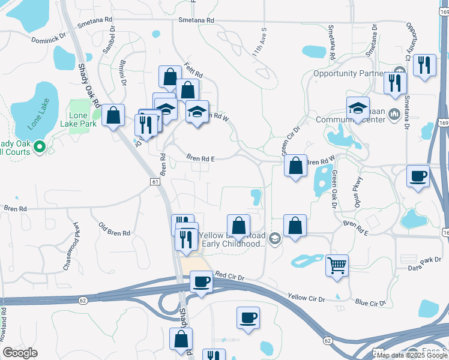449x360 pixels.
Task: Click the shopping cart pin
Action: tap(337, 264)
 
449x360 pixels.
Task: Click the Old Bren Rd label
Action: tap(114, 229)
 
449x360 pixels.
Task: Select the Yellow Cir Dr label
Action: tap(306, 298)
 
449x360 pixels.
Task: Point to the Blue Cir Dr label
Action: tap(369, 303)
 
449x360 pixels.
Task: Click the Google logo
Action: tap(20, 352)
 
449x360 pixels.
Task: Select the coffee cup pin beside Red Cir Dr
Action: tap(201, 282)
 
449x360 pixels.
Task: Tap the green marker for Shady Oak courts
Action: tap(40, 146)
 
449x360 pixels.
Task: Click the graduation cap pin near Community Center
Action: tap(358, 109)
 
